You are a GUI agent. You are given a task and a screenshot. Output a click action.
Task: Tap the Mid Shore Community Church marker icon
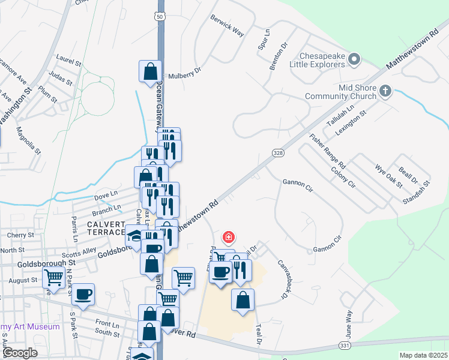click(x=385, y=91)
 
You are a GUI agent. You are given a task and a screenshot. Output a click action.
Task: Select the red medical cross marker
click(x=228, y=237)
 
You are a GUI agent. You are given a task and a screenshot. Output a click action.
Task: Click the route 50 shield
click(x=159, y=16)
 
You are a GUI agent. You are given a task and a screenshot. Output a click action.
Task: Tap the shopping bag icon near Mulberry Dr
click(x=149, y=71)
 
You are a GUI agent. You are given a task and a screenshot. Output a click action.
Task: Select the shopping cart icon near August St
click(x=53, y=278)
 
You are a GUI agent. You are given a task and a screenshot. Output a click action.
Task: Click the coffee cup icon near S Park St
click(x=84, y=295)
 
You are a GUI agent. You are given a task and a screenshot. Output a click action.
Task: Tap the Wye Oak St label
click(x=388, y=175)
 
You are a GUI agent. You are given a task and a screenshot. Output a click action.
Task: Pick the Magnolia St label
click(x=28, y=140)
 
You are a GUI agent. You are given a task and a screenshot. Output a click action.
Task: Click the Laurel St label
click(x=68, y=61)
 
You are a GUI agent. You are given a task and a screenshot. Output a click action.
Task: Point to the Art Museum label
click(x=30, y=327)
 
